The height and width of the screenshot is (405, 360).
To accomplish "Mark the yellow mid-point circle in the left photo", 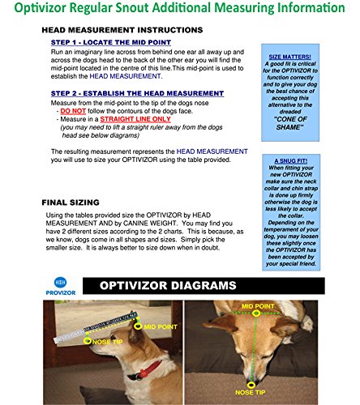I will tap(139, 326).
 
